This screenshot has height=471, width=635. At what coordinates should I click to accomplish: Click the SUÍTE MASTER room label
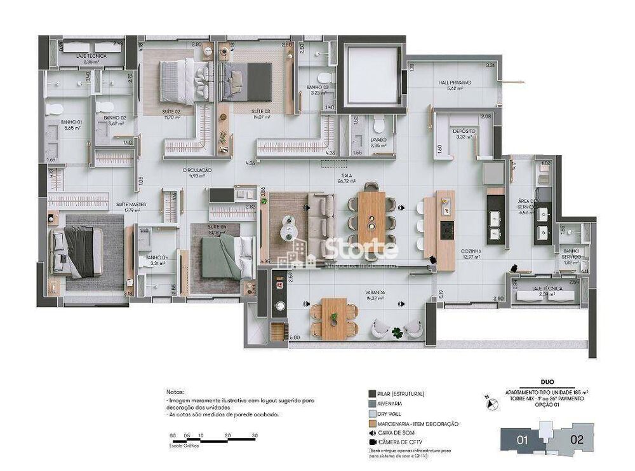coord(131,204)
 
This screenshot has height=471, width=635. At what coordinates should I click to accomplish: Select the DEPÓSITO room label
coord(464,131)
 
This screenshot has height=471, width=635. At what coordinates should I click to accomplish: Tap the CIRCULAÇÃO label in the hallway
coord(196,171)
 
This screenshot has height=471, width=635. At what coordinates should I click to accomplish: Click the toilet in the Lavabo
coord(379,123)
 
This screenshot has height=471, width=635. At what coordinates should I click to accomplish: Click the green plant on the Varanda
coord(397,331)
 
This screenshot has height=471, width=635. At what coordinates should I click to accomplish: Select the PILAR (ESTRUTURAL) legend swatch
coord(371,394)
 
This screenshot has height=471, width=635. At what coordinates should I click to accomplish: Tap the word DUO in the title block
coord(541,384)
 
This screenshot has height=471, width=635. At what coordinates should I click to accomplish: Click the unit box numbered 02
coord(577,438)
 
